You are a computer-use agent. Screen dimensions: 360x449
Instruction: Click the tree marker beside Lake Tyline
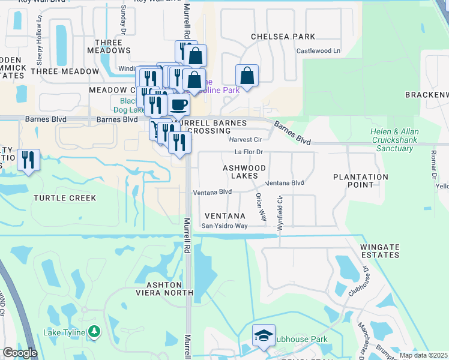coord(94,331)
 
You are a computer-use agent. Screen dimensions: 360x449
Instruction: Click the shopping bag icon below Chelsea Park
coord(247,76)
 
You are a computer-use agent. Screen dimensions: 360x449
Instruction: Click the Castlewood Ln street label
coord(318,52)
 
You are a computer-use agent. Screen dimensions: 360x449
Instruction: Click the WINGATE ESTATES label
coord(379,251)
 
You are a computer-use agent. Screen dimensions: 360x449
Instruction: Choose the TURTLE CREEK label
coord(65,198)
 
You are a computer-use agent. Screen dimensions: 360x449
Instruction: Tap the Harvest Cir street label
coord(243,139)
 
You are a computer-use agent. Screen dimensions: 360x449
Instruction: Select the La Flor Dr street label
coord(249,152)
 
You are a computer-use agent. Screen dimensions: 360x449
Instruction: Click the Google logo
coord(20,353)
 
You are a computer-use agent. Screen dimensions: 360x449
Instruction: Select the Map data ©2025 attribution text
coord(423,355)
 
